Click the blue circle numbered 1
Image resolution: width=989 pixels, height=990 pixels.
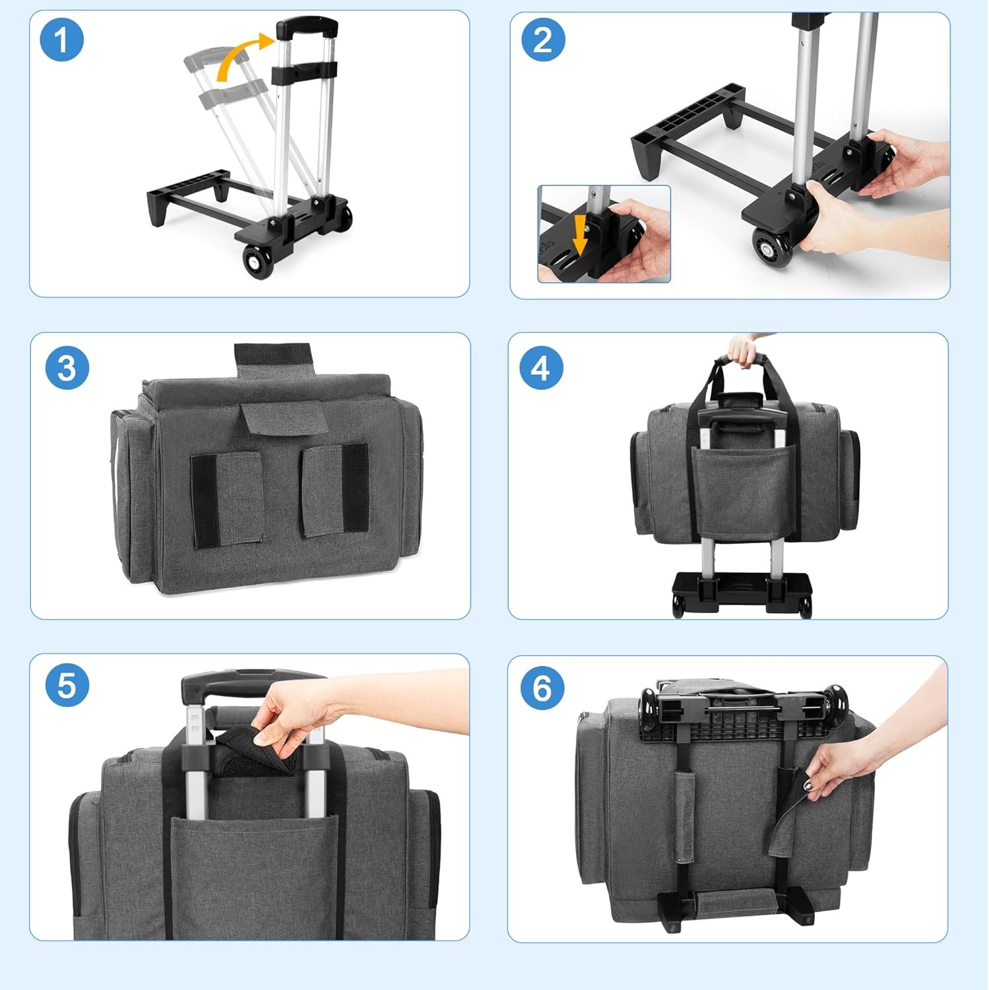(61, 40)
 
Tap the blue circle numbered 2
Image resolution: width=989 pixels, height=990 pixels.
(543, 40)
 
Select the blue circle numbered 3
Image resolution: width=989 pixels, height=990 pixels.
(67, 368)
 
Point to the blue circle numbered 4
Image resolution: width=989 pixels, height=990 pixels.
(541, 368)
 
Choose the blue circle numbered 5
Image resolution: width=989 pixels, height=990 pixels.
(67, 686)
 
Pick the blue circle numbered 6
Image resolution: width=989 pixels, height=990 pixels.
(542, 687)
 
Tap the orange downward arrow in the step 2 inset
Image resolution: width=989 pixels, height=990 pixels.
(581, 237)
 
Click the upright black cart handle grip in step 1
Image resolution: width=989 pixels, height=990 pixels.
(307, 28)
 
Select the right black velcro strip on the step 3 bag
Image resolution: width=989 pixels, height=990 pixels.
(355, 487)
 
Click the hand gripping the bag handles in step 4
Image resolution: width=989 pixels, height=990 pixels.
(747, 347)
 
